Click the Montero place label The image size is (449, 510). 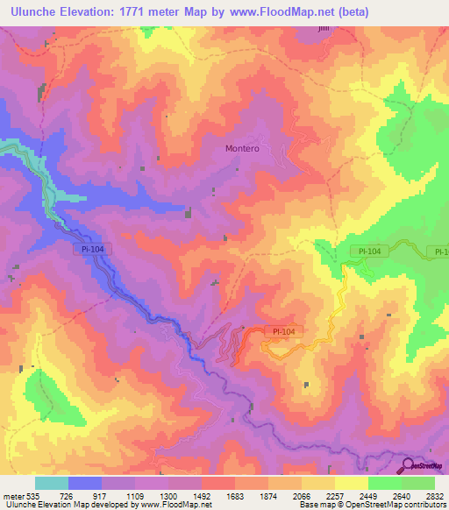[x=242, y=149]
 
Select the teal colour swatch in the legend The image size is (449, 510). [x=52, y=483]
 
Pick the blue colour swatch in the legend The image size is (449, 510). [x=85, y=483]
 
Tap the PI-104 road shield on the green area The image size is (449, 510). [x=369, y=251]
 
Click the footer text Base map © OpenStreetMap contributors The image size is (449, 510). [x=373, y=505]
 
